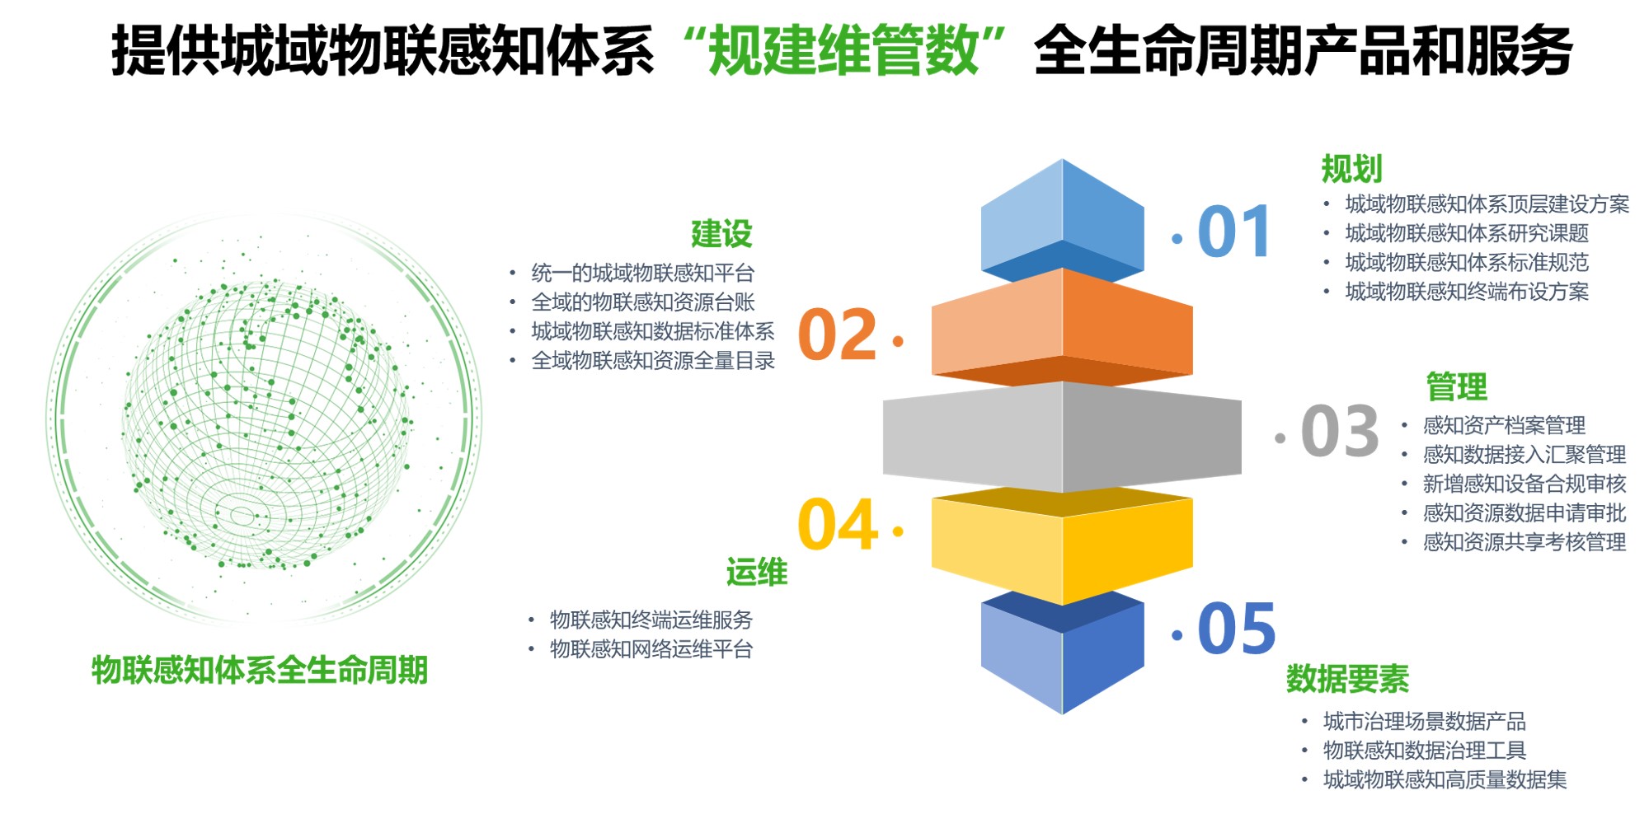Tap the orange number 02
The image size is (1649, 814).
tap(837, 335)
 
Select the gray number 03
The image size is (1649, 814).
tap(1339, 432)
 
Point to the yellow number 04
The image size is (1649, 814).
tap(837, 524)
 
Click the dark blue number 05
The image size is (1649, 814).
tap(1236, 629)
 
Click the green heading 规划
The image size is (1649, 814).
tap(1351, 169)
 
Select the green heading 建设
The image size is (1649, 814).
tap(721, 234)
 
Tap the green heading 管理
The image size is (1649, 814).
tap(1456, 386)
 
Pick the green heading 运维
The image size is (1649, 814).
tap(756, 572)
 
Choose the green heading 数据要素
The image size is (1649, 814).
tap(1347, 679)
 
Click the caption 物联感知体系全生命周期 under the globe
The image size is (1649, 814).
tap(260, 670)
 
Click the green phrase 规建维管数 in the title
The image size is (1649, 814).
tap(843, 51)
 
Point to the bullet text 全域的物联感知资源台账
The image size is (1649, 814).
tap(643, 302)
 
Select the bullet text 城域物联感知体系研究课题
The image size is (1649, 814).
tap(1467, 233)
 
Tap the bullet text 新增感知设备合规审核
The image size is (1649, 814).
tap(1524, 484)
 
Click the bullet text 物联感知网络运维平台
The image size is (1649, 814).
tap(651, 649)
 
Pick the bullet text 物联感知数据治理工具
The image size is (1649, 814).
tap(1424, 751)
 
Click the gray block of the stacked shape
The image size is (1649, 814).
tap(1062, 437)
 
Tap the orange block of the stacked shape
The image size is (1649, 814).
tap(1062, 325)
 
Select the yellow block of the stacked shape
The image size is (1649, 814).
tap(1062, 548)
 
